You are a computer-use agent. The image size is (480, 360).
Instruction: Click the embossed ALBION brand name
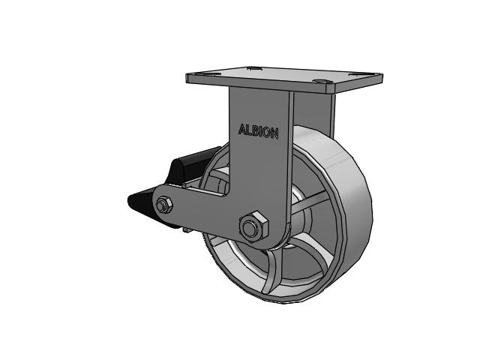pyautogui.click(x=258, y=131)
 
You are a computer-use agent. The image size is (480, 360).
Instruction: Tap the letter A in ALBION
pyautogui.click(x=241, y=129)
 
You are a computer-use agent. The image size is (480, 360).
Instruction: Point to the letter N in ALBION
pyautogui.click(x=274, y=133)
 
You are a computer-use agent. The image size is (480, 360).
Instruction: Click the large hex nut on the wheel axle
pyautogui.click(x=253, y=227)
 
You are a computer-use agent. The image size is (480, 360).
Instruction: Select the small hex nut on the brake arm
pyautogui.click(x=163, y=205)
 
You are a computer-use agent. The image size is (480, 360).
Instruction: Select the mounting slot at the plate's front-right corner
pyautogui.click(x=322, y=82)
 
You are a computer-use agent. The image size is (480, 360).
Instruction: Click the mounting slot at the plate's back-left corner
pyautogui.click(x=253, y=68)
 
